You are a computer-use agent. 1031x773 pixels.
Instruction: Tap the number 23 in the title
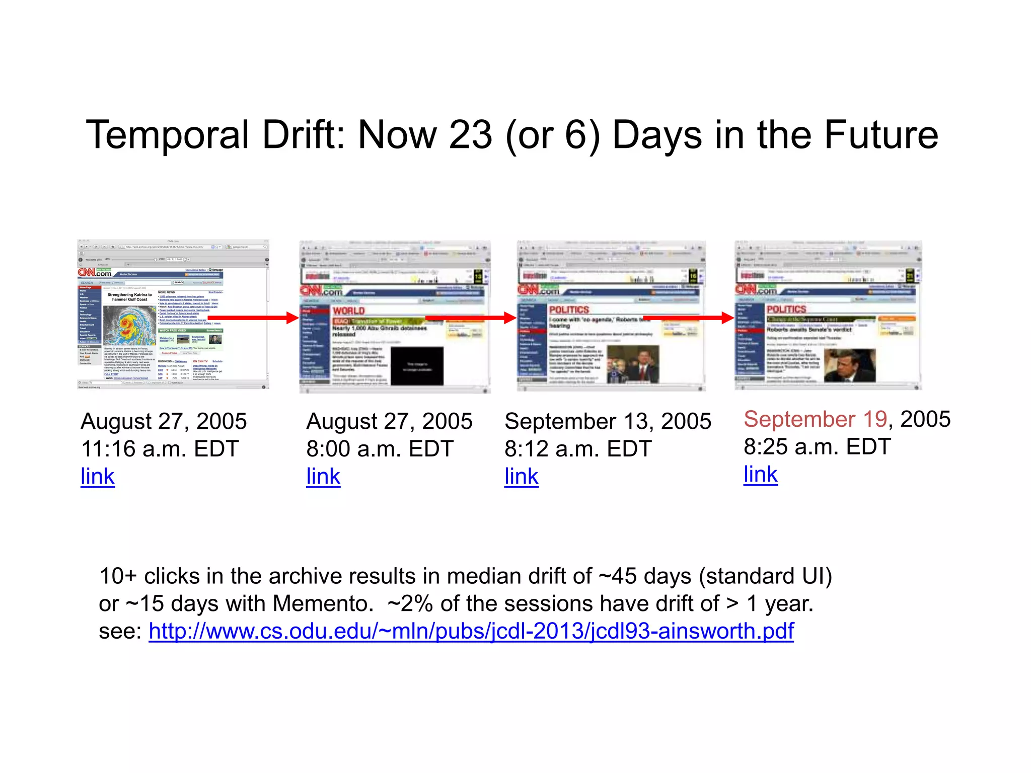point(470,135)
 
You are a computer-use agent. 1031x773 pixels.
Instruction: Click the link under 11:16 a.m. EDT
point(98,476)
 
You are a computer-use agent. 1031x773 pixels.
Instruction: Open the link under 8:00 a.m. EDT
point(323,476)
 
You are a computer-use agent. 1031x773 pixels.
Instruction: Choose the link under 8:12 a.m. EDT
point(522,476)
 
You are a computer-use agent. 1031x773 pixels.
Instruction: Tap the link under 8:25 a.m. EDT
point(761,474)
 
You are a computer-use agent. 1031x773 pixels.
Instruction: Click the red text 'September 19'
point(815,419)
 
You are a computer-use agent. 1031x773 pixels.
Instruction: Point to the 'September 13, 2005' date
point(608,421)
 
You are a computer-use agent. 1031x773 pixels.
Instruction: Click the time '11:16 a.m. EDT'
point(160,448)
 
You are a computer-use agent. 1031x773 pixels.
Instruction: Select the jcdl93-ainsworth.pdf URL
point(471,631)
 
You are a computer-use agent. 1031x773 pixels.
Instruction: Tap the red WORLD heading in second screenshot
point(349,311)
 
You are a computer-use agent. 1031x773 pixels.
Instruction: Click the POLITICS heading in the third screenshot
point(569,310)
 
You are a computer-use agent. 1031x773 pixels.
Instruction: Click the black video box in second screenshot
point(417,366)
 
